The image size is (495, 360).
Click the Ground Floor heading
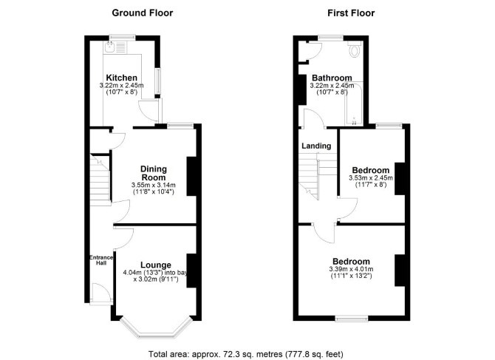click(143, 13)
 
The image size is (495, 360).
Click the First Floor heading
click(351, 13)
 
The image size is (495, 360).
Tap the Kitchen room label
click(122, 78)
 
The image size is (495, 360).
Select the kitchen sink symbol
click(110, 47)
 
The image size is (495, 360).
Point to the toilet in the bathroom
click(355, 50)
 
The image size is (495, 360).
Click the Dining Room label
click(154, 173)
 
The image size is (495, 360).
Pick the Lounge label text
click(156, 265)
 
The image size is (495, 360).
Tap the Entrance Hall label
click(101, 260)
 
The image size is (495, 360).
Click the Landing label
click(316, 146)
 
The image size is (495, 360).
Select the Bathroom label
click(332, 78)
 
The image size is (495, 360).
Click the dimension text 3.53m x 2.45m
click(371, 178)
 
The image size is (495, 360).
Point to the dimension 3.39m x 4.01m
click(351, 269)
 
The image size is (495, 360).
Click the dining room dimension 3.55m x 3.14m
click(154, 185)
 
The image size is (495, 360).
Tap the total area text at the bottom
click(246, 354)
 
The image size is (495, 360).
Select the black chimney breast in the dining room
click(191, 176)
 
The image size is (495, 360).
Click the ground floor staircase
click(100, 180)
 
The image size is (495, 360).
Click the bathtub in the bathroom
click(354, 103)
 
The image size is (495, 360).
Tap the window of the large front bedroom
click(352, 319)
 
